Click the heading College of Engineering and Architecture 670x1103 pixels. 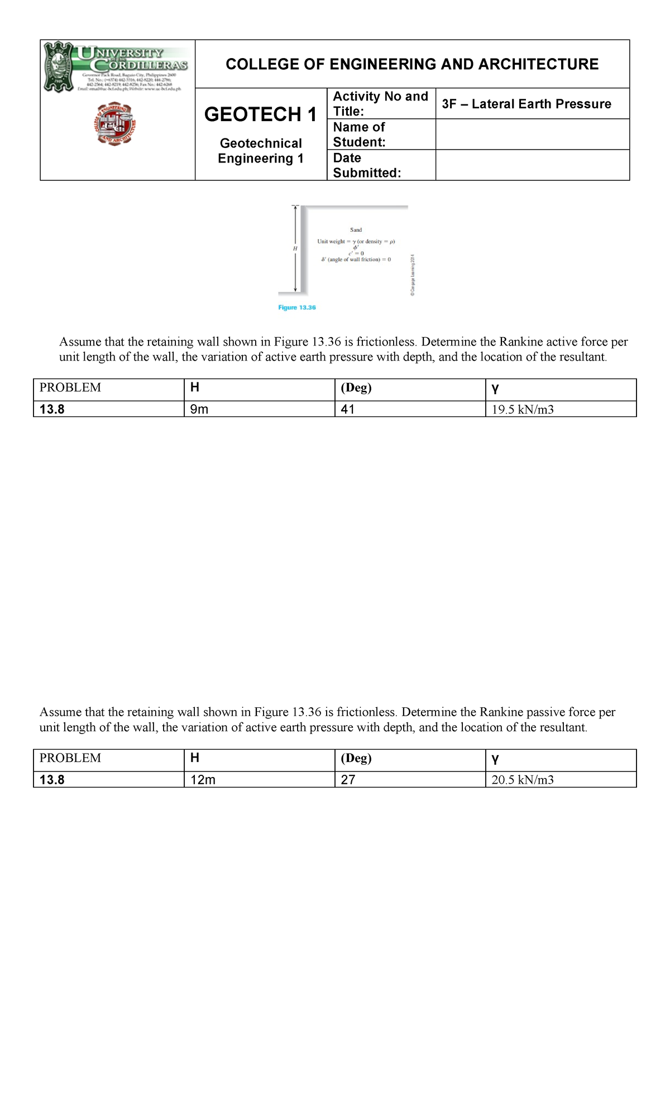tap(412, 64)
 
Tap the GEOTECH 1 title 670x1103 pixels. tap(260, 114)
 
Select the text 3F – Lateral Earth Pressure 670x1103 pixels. tap(526, 104)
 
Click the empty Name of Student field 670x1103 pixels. tap(532, 135)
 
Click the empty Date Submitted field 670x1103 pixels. tap(532, 165)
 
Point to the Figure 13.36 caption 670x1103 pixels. tap(297, 308)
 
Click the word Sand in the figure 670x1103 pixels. tap(356, 230)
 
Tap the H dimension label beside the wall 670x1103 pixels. tap(295, 248)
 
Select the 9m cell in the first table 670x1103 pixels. tap(199, 409)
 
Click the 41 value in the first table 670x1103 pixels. tap(348, 409)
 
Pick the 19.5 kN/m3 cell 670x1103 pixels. tap(523, 410)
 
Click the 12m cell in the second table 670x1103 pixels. tap(203, 780)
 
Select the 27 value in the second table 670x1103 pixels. tap(348, 780)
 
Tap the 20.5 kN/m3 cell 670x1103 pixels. tap(523, 780)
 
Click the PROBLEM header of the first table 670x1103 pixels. tap(70, 388)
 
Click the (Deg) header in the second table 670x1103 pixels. tap(356, 758)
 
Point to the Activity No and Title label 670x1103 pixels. tap(380, 104)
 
